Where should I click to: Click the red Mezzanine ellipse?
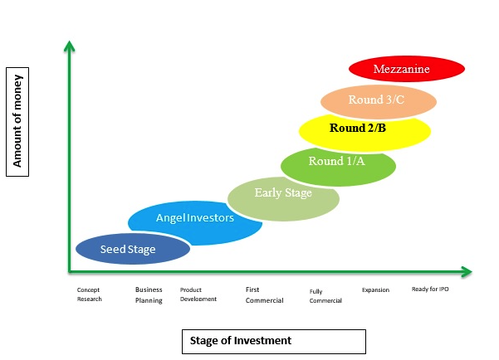(404, 69)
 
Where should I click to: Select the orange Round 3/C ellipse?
(379, 101)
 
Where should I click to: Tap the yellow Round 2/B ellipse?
(365, 129)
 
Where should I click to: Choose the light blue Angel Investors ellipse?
(195, 219)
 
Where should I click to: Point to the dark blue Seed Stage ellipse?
(133, 249)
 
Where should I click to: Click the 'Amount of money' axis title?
(17, 121)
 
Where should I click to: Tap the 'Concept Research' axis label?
(89, 294)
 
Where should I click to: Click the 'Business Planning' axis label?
(149, 294)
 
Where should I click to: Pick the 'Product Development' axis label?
(198, 294)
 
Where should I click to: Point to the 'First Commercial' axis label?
(264, 294)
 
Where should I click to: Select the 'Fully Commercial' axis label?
(325, 295)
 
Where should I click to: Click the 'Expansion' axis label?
(375, 289)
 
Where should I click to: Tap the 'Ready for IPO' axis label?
(431, 289)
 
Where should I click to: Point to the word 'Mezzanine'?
(402, 69)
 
